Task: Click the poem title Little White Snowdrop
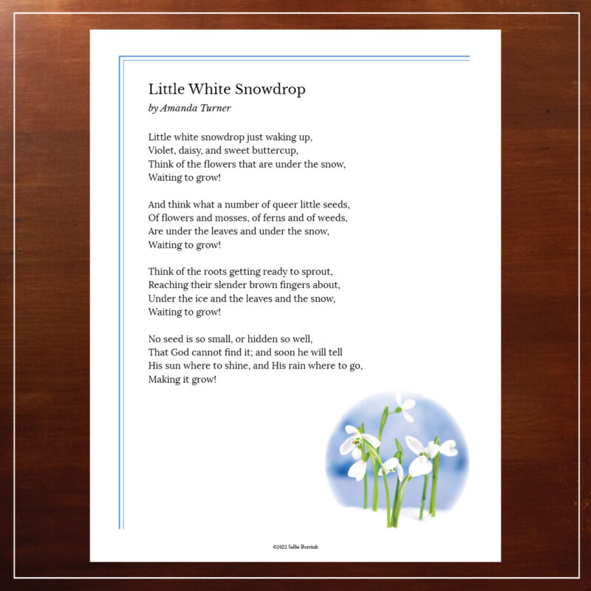coord(227,89)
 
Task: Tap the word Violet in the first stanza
coord(161,150)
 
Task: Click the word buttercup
coord(273,150)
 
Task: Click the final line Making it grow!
coord(182,380)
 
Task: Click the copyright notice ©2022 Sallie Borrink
coord(295,547)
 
